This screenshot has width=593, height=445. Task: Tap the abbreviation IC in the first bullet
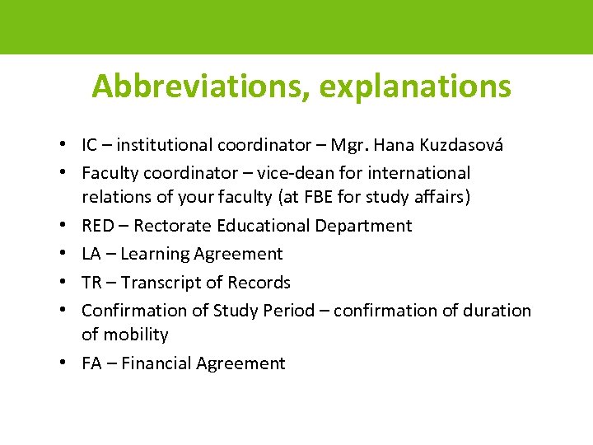(90, 146)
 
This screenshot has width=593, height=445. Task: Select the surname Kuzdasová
(460, 146)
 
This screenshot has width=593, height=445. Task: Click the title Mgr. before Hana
(350, 146)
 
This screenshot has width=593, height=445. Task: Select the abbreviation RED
(97, 226)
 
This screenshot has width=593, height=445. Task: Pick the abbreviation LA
(91, 254)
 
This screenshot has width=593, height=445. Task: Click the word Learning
(156, 255)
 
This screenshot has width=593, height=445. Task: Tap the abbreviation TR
(91, 283)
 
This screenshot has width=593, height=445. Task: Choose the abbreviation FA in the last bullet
(91, 363)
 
